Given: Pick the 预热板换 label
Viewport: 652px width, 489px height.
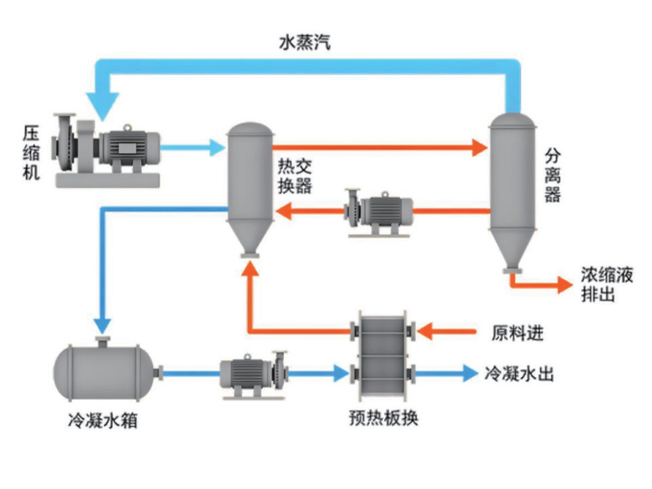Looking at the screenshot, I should tap(383, 419).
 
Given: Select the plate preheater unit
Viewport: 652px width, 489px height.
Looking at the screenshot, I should tap(383, 352).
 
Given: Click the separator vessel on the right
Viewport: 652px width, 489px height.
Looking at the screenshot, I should tap(512, 187).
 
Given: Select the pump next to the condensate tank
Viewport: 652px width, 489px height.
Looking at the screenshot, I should tap(252, 374).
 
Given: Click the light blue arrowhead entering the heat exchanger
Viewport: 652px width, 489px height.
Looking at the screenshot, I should tap(216, 148).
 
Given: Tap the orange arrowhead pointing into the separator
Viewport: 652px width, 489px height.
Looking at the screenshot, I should tap(481, 148).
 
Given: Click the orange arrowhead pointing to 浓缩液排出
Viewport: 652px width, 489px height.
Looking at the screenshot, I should tap(564, 284).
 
